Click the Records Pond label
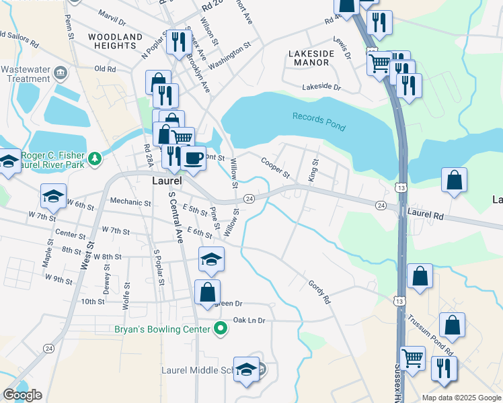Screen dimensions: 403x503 coord(319,122)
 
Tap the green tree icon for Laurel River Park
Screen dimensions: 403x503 coord(96,158)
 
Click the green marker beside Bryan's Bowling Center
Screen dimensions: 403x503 coord(219,329)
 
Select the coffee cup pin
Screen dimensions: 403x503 coord(194,159)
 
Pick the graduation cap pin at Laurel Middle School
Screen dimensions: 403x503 coord(247,369)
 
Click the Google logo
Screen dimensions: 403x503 coord(22,395)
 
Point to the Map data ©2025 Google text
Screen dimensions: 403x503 coord(461,398)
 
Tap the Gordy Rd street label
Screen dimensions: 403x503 coord(320,292)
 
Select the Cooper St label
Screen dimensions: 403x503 coord(275,167)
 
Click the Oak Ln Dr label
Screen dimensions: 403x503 coord(249,320)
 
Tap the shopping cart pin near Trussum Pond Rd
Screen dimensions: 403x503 coord(413,358)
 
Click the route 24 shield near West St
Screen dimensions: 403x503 coord(48,348)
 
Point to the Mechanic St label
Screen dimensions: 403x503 coord(130,202)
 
